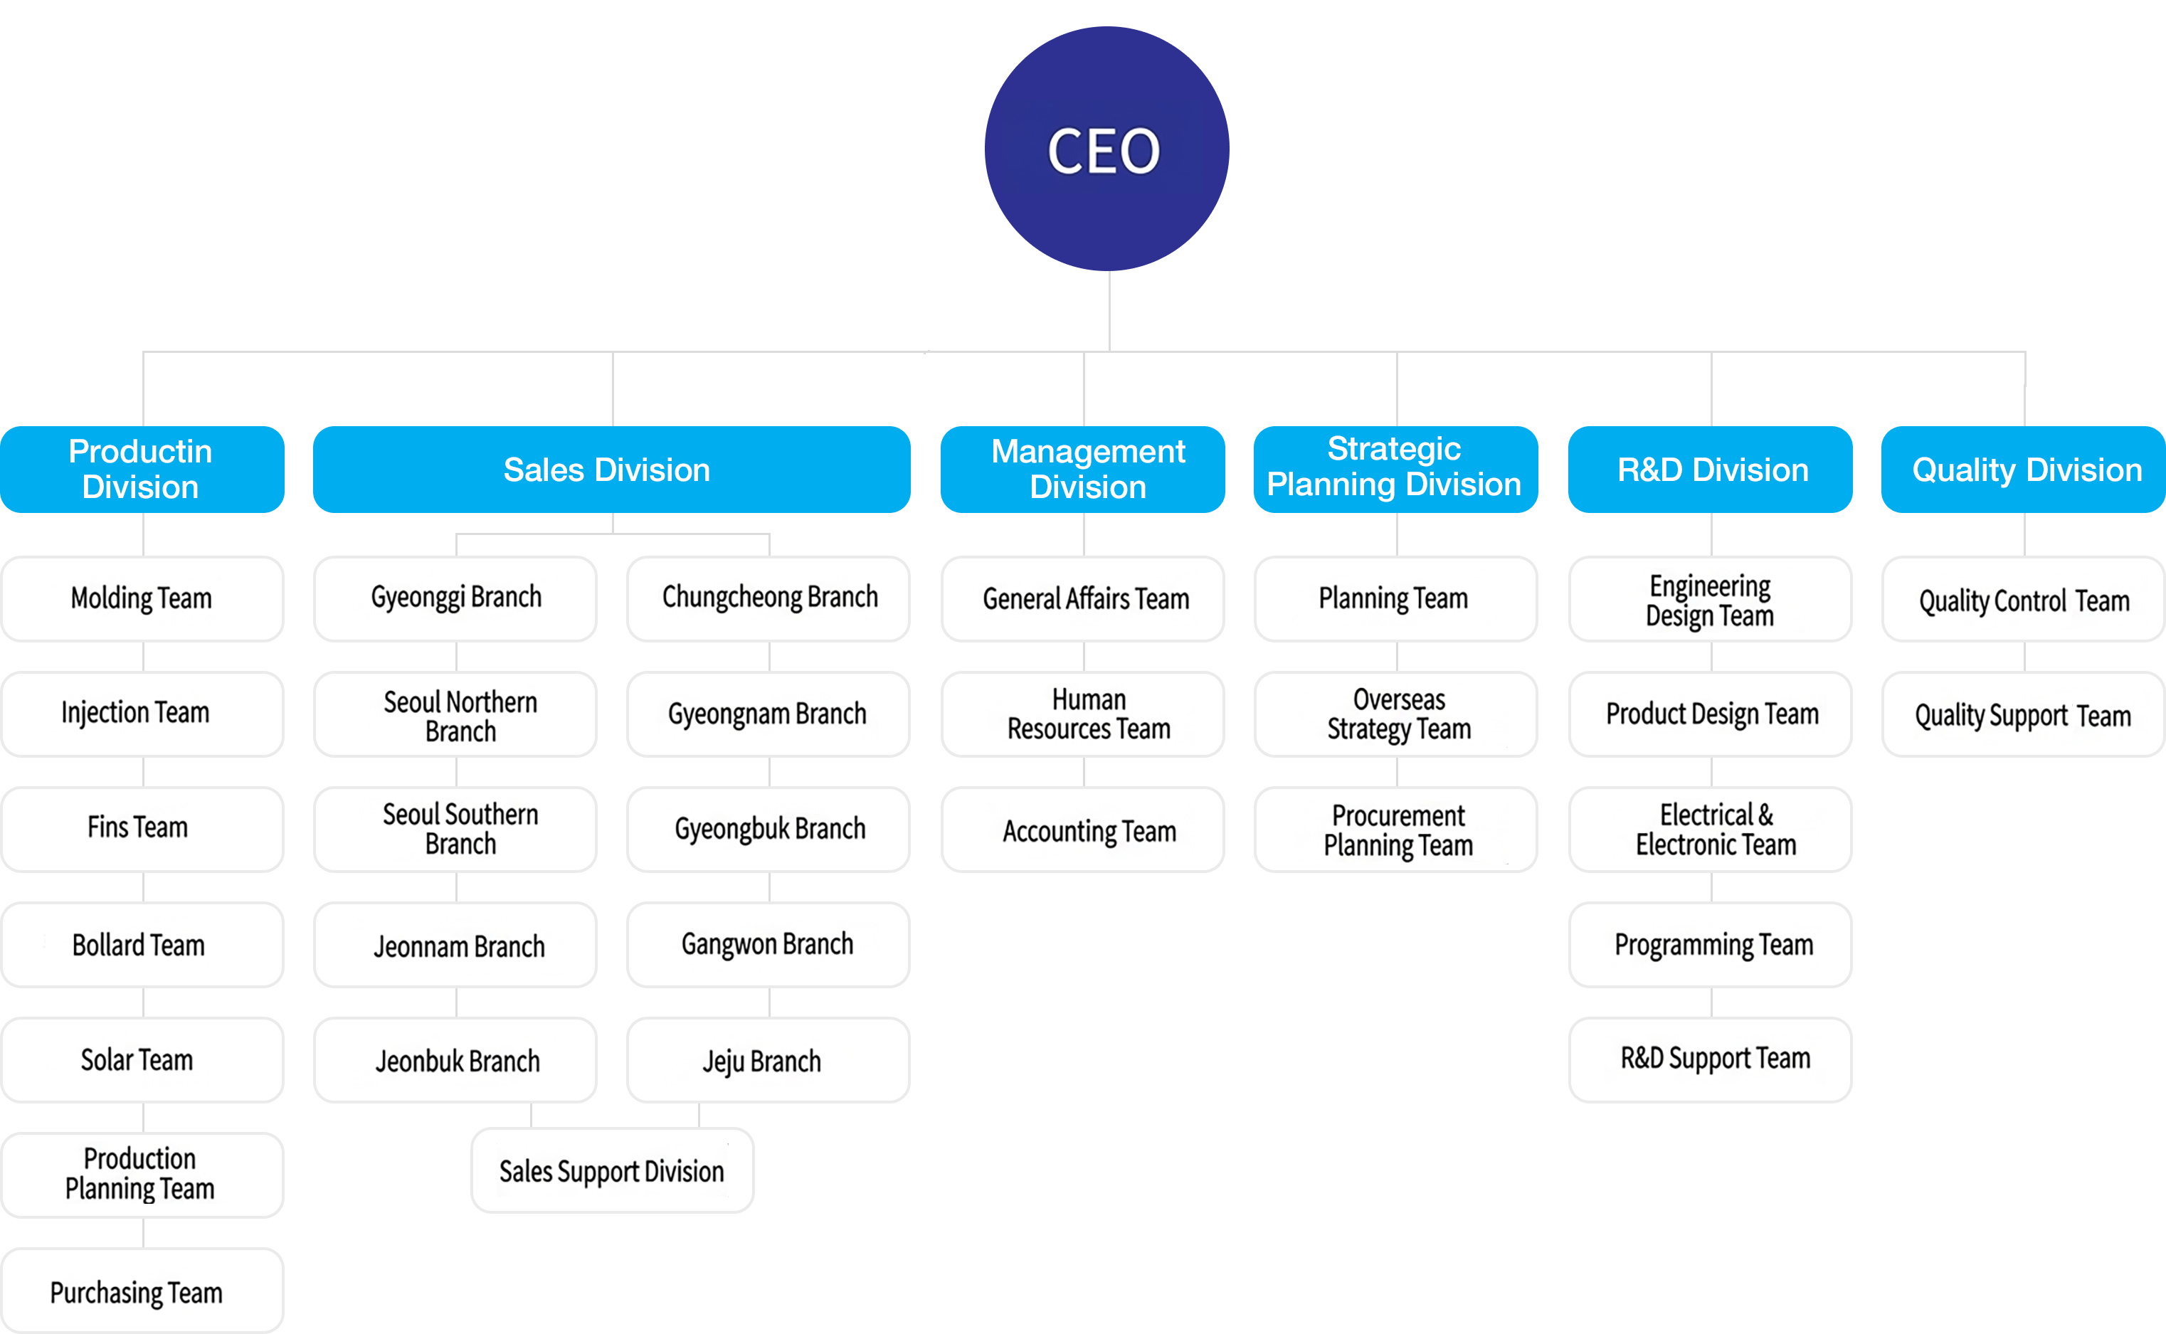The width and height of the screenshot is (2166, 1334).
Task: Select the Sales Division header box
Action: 611,470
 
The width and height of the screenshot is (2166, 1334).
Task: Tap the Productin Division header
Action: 141,470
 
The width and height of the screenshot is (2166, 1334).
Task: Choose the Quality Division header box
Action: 2026,470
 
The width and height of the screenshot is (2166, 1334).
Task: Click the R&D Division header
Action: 1711,470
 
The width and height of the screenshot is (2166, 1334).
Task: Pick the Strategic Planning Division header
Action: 1395,467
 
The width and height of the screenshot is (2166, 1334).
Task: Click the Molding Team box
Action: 141,598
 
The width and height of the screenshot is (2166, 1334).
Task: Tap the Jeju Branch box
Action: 766,1059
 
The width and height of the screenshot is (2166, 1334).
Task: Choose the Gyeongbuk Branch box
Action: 768,828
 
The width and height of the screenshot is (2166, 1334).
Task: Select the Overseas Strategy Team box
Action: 1397,714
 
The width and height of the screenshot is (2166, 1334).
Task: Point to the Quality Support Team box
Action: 2022,714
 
